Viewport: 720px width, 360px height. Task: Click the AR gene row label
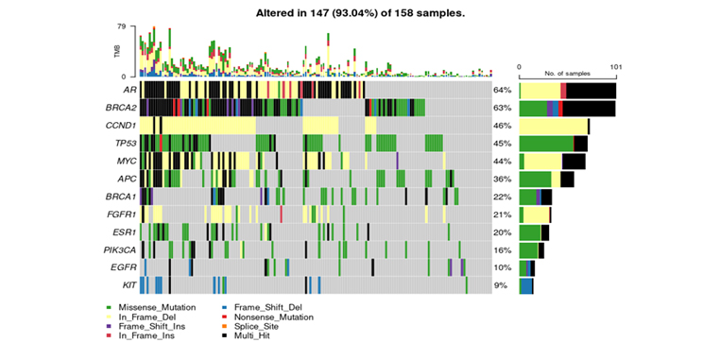click(129, 90)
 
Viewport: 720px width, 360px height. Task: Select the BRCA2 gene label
click(121, 107)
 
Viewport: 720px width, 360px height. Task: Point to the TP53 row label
click(124, 143)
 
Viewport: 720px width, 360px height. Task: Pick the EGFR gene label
click(124, 267)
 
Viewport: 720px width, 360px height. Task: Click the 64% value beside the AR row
click(502, 90)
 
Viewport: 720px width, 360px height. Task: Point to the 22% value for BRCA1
click(502, 197)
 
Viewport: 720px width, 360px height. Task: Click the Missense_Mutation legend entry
click(157, 308)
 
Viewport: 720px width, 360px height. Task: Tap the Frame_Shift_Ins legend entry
click(154, 326)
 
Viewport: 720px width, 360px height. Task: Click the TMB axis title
click(118, 51)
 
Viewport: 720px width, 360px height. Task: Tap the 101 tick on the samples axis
click(615, 67)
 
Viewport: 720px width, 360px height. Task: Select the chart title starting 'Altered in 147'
click(359, 14)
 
